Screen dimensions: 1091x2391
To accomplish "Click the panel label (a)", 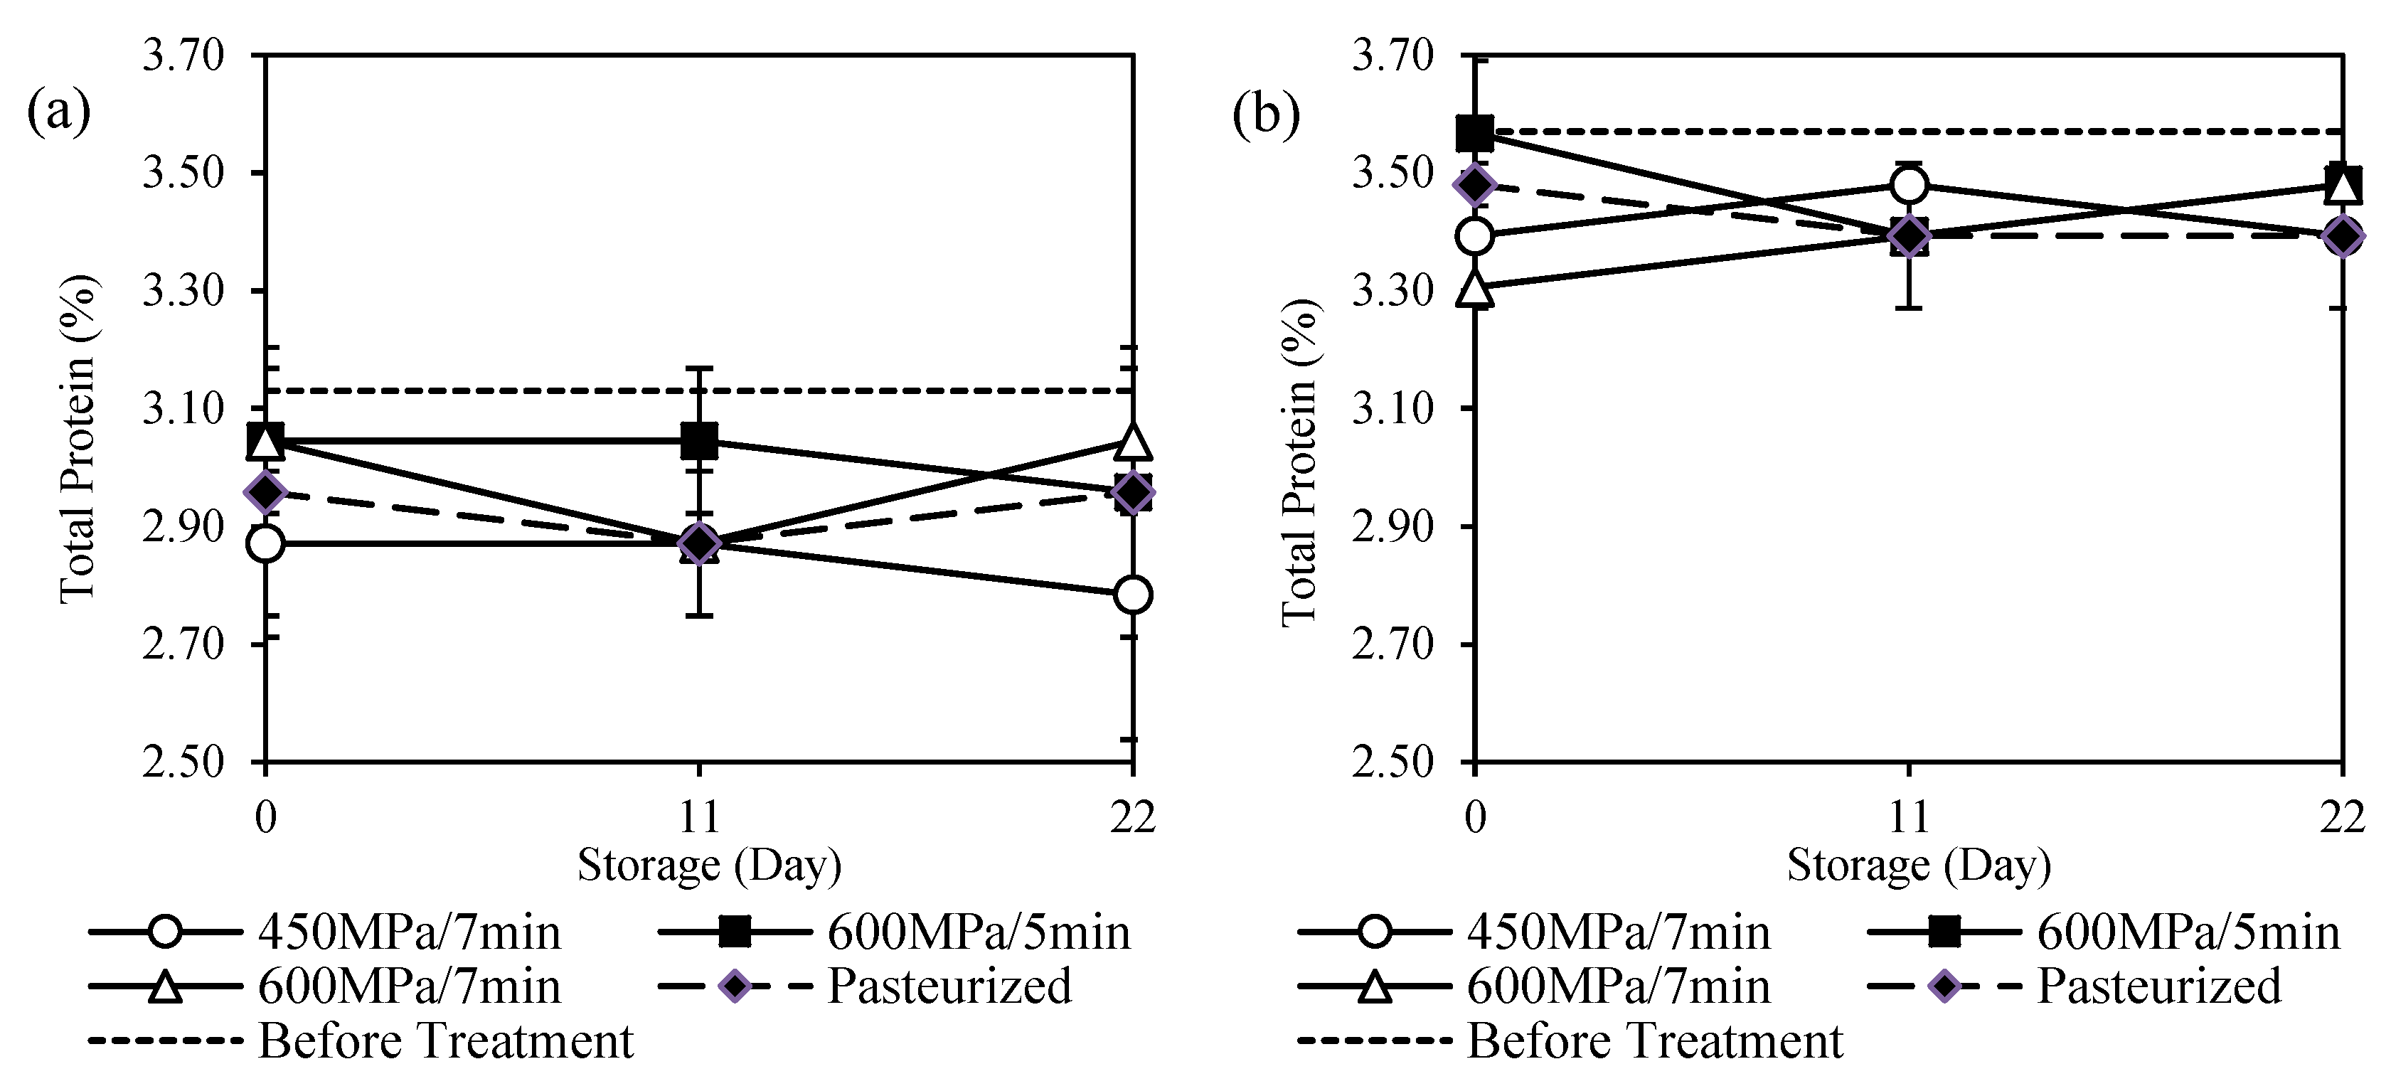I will click(58, 112).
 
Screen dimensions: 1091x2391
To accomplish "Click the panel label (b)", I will click(1265, 116).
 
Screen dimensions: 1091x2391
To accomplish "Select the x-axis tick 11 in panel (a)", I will click(699, 817).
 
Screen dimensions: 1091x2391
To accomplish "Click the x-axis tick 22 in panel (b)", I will click(2341, 817).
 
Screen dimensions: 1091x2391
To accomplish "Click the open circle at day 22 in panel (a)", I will click(1132, 595).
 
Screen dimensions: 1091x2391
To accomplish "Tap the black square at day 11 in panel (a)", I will click(699, 441).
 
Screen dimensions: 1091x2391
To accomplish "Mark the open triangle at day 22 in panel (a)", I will click(1132, 442).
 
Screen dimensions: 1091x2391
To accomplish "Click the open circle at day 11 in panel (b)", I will click(1908, 186).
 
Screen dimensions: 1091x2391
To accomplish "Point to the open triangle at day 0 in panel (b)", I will click(1475, 289).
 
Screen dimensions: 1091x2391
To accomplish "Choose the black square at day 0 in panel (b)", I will click(1475, 134).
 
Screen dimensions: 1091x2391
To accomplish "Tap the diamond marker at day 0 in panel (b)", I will click(1475, 186).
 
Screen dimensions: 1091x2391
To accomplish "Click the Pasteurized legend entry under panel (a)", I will click(949, 986).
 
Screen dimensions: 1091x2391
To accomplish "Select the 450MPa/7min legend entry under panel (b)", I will click(1618, 932).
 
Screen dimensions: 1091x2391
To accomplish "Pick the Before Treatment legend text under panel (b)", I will click(1655, 1041).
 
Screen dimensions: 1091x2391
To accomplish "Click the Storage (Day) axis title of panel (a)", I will click(709, 866).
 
